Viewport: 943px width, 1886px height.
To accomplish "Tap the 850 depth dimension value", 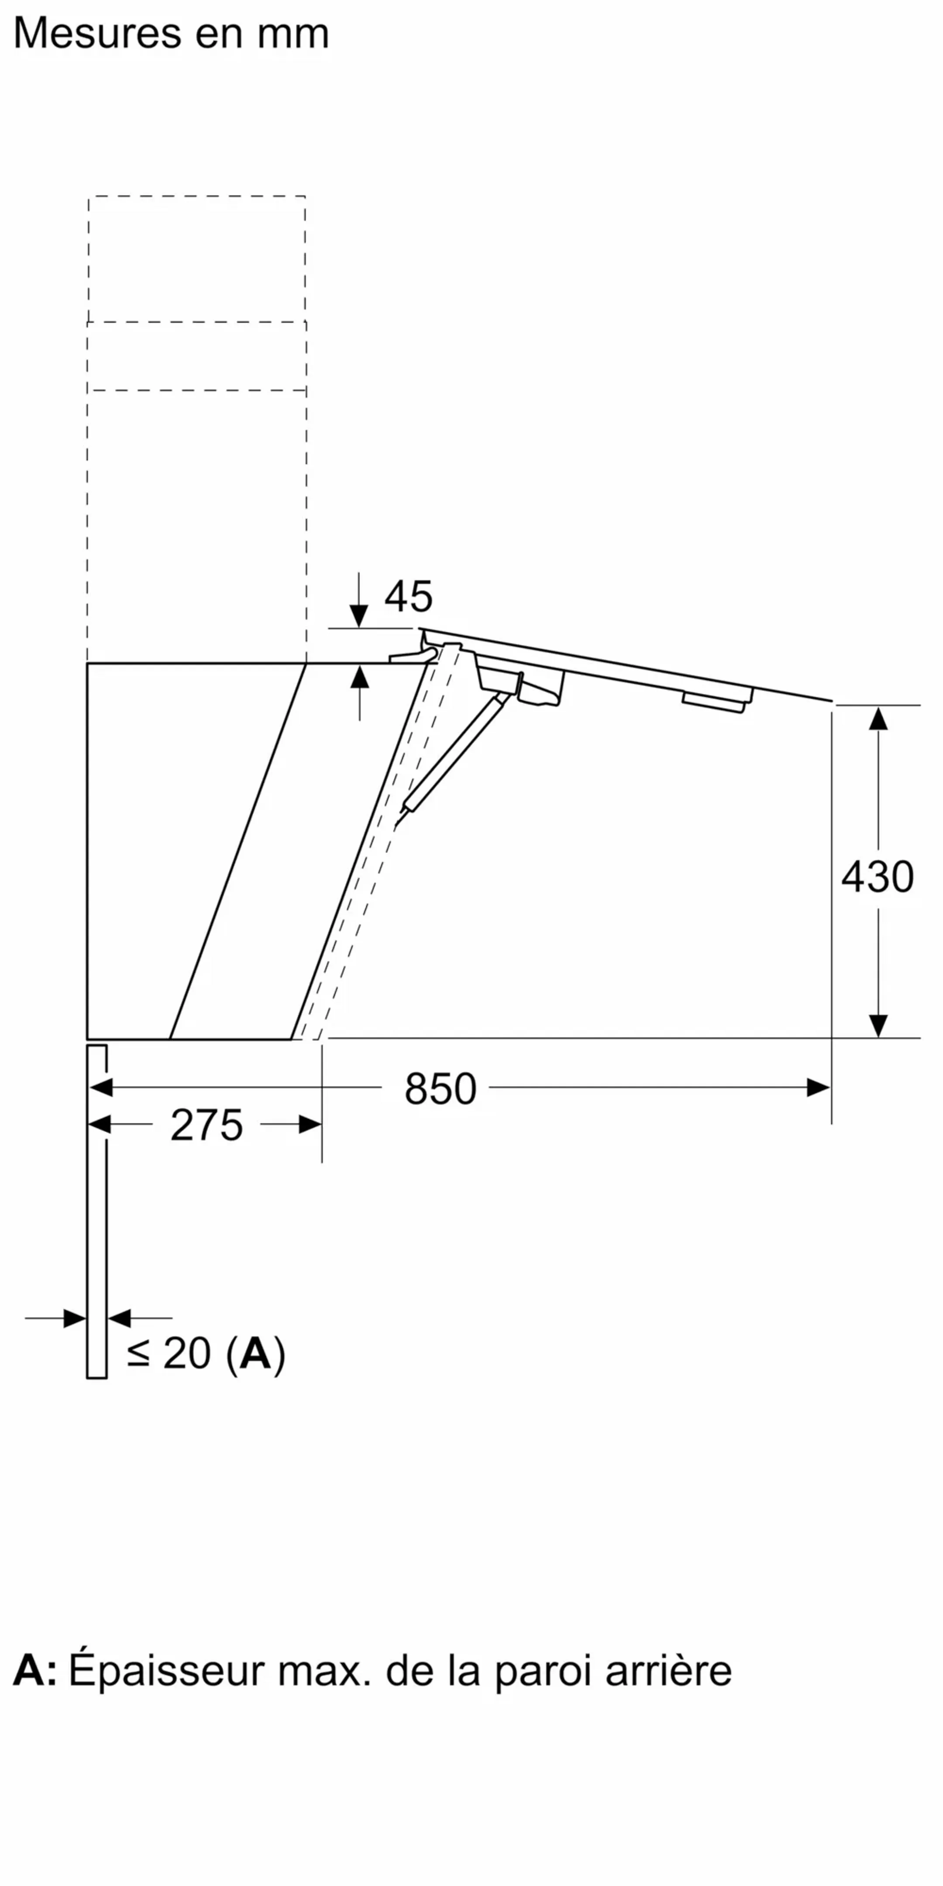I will click(x=440, y=1089).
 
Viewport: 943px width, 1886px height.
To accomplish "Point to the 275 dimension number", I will click(x=206, y=1125).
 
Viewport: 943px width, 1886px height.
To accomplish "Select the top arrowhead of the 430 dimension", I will click(x=878, y=719).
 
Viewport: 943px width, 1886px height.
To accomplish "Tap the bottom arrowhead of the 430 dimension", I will click(x=878, y=1025).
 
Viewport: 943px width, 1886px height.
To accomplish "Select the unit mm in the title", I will click(x=293, y=34).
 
